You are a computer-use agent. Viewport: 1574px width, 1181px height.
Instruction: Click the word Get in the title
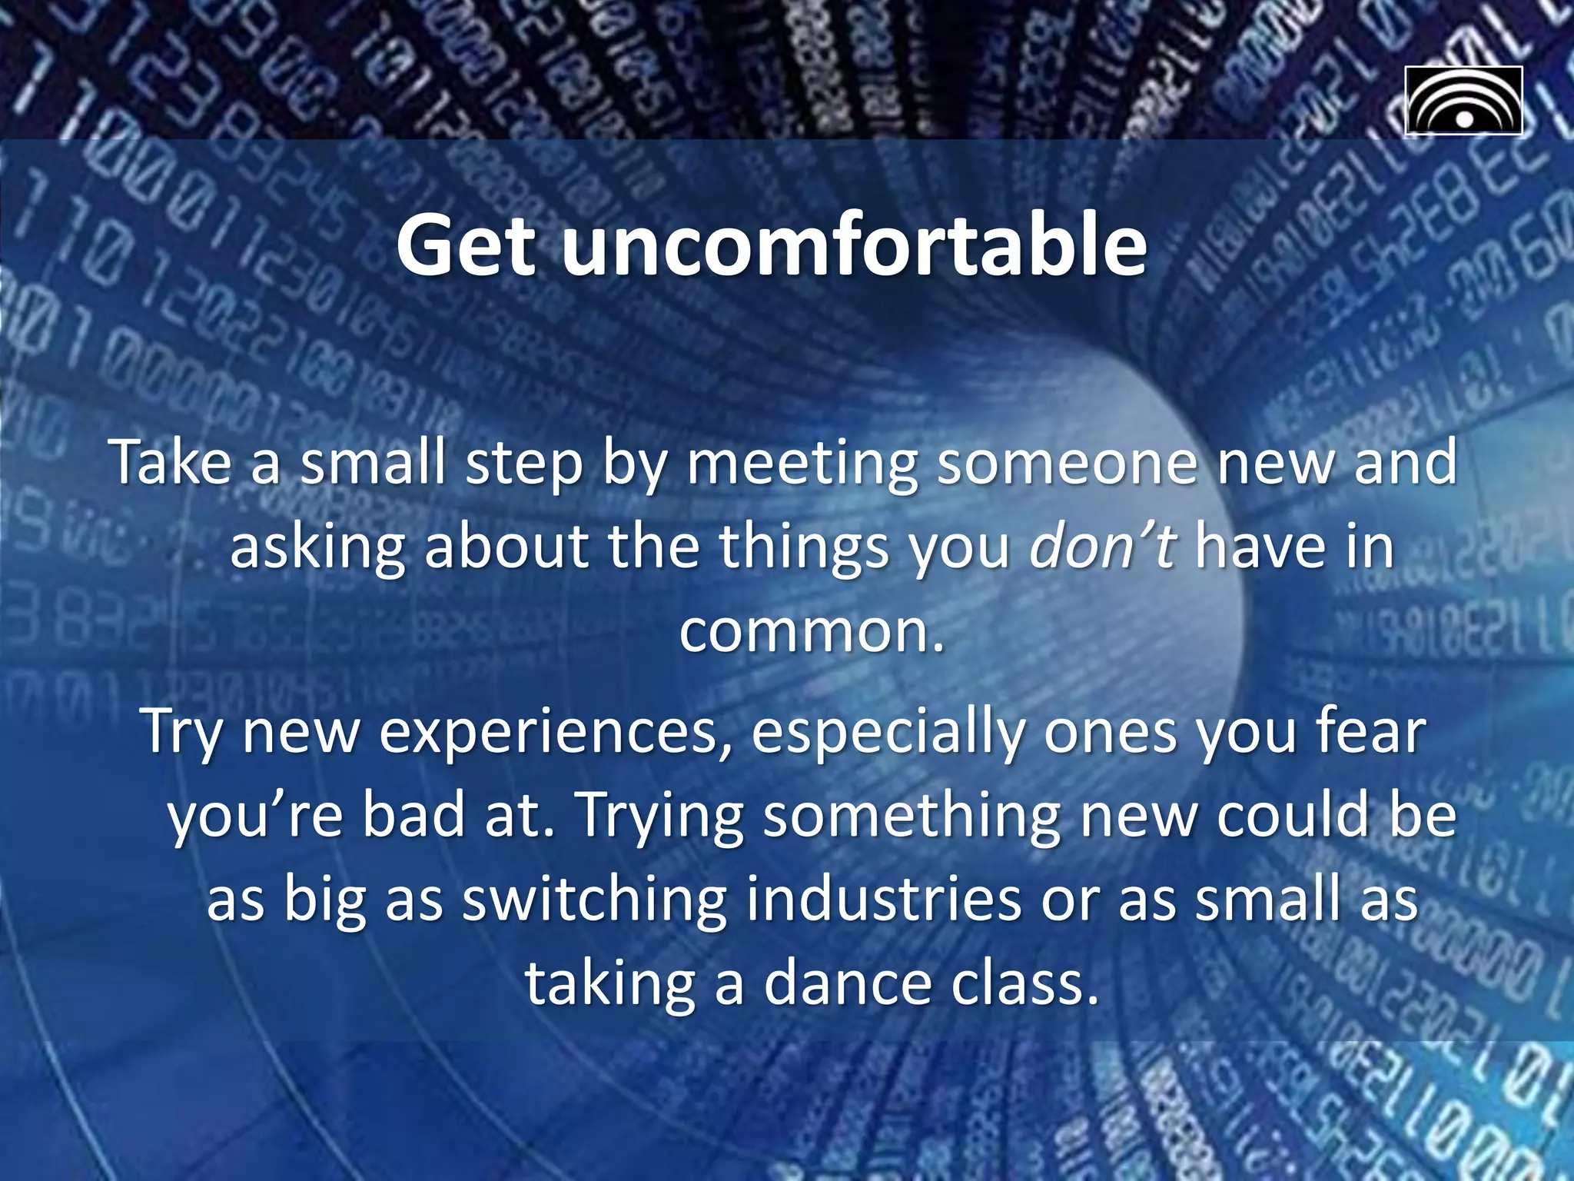click(466, 246)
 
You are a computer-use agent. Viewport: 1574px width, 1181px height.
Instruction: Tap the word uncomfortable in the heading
click(854, 246)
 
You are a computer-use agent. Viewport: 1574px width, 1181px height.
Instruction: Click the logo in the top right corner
click(1463, 101)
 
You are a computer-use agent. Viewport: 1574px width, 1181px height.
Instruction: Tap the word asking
click(317, 548)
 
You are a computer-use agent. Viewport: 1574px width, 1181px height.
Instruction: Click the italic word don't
click(1102, 547)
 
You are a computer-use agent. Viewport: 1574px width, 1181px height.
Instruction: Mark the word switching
click(593, 900)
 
